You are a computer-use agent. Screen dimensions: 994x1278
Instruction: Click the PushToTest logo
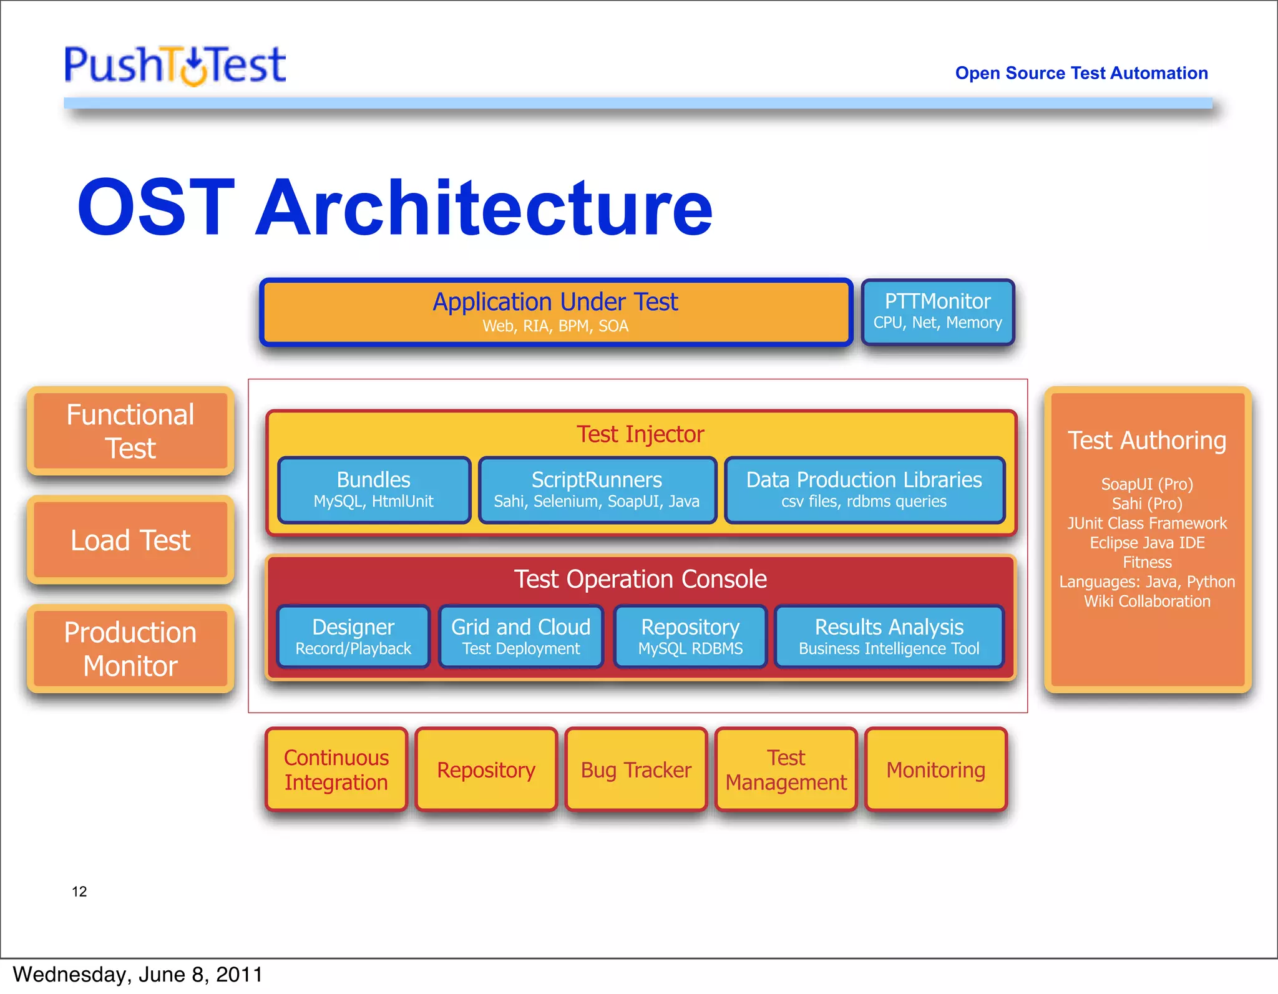point(175,65)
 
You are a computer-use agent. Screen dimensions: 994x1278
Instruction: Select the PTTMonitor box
point(937,311)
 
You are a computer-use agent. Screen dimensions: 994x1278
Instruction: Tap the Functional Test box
point(130,431)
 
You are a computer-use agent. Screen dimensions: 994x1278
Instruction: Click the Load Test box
point(130,540)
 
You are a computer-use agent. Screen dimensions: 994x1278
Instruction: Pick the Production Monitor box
point(130,649)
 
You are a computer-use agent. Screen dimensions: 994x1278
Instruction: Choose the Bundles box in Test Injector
point(374,490)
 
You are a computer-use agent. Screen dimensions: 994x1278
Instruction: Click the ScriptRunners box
point(597,490)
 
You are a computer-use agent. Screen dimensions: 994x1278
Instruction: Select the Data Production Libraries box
point(864,490)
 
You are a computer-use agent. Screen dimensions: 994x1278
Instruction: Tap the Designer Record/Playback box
point(353,636)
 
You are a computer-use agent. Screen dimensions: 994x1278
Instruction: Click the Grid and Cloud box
point(520,636)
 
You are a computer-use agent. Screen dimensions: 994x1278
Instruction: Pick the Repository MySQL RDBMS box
point(690,636)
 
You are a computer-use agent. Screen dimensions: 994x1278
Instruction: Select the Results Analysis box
point(889,636)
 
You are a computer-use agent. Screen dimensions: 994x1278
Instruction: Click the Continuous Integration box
point(336,769)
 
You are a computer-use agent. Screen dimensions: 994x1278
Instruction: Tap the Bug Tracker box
point(636,769)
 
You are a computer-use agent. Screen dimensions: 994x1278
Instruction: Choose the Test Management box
point(786,769)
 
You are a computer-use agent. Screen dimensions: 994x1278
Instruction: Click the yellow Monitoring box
point(935,769)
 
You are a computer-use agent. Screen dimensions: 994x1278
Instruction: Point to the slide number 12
point(79,892)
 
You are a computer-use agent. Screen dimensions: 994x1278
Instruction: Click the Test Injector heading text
point(640,434)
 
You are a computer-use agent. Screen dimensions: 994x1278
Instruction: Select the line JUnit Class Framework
point(1147,523)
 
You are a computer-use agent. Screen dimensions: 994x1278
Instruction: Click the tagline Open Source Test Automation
point(1081,73)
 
